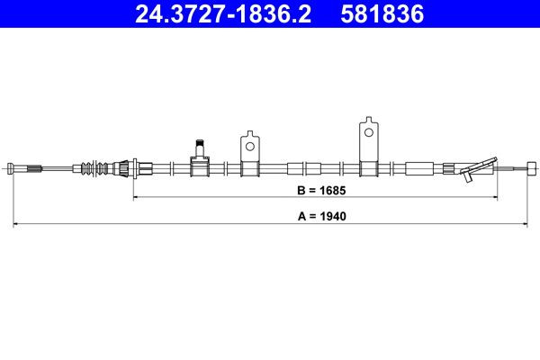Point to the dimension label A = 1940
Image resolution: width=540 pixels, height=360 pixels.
pyautogui.click(x=321, y=217)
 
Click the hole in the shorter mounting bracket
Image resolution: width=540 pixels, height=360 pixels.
pyautogui.click(x=249, y=141)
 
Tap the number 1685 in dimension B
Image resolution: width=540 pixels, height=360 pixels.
pyautogui.click(x=333, y=190)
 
